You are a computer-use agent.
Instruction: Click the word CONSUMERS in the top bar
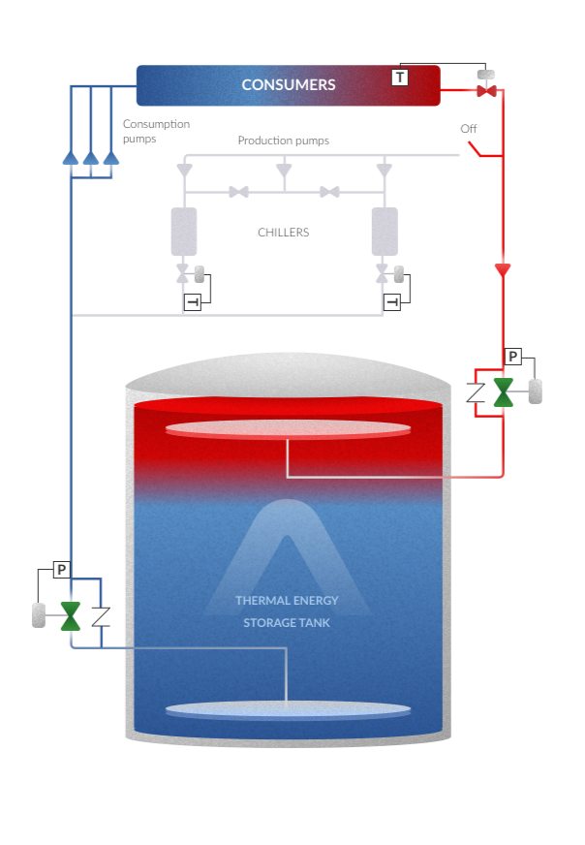tap(289, 85)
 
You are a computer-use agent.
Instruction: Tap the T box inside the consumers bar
tap(399, 77)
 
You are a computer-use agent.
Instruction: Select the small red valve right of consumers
tap(486, 92)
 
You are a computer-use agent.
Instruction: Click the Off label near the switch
tap(469, 129)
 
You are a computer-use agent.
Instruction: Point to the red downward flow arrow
tap(503, 269)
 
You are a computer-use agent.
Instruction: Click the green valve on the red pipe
tap(504, 391)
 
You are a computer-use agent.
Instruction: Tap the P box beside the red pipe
tap(514, 357)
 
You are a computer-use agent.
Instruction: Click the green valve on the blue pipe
tap(70, 615)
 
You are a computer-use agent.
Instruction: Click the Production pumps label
tap(284, 141)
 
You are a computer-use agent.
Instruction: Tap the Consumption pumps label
tap(156, 131)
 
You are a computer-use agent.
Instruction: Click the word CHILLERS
tap(284, 233)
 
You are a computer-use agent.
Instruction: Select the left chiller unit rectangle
tap(183, 232)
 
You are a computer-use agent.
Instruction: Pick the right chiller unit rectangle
tap(385, 232)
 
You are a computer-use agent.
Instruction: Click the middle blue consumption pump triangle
tap(91, 158)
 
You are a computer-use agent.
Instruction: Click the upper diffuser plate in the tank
tap(288, 429)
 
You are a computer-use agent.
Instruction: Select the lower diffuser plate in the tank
tap(288, 710)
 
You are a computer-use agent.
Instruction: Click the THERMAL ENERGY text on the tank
tap(288, 601)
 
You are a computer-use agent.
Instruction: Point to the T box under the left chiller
tap(193, 303)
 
